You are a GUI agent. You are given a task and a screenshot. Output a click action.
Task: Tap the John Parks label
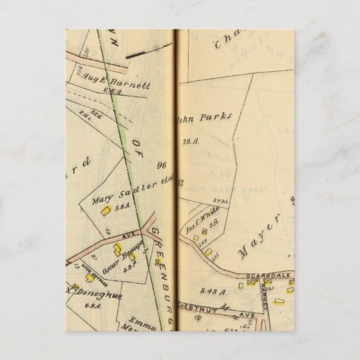click(x=204, y=117)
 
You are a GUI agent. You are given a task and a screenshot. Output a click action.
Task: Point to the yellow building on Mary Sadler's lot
click(x=105, y=211)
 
